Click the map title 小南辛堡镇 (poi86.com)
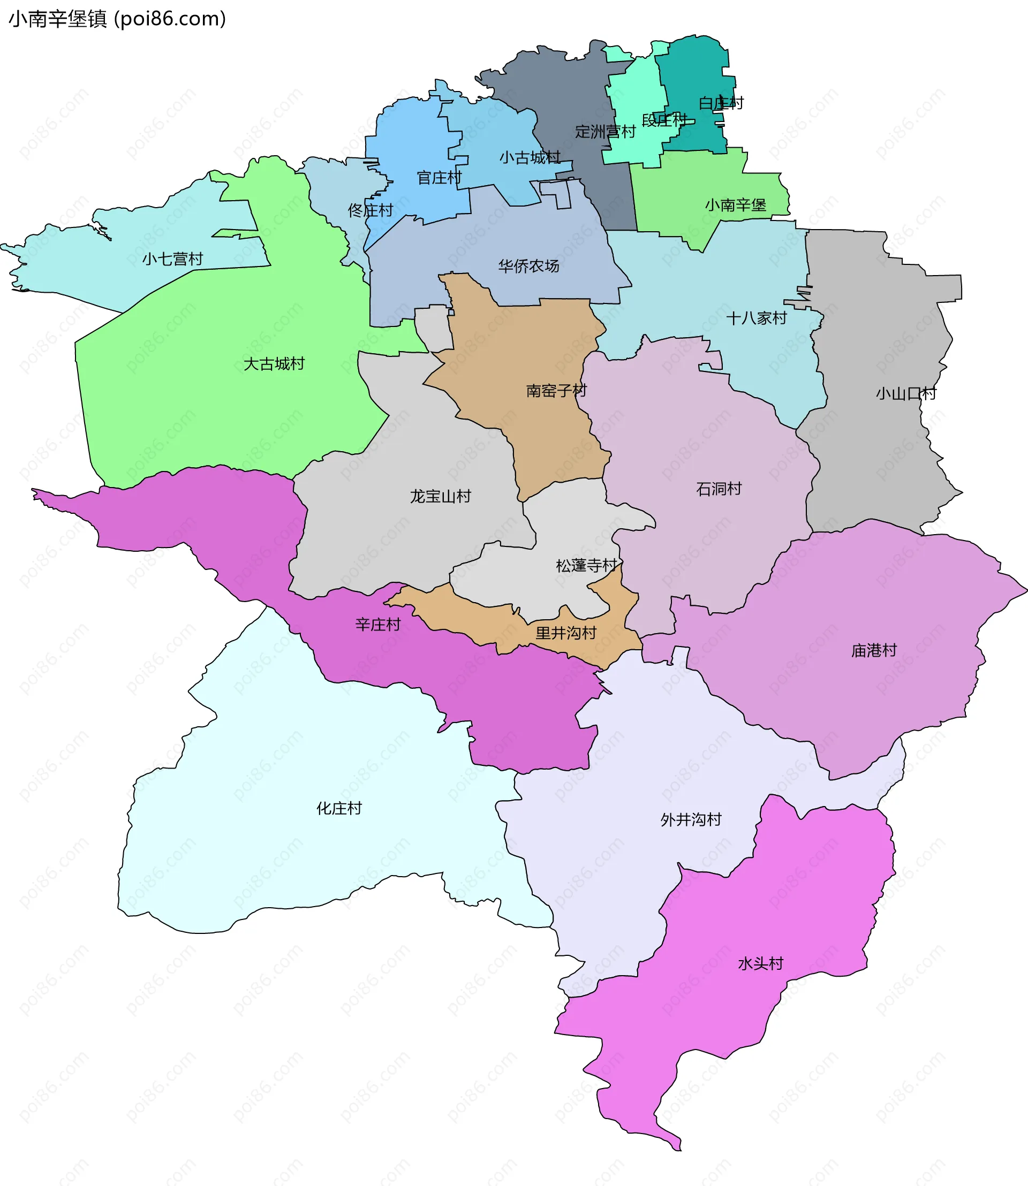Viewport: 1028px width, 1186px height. tap(118, 19)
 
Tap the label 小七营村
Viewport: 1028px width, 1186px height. tap(172, 259)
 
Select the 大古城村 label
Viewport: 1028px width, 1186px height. tap(274, 363)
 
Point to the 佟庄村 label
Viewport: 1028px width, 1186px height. tap(370, 210)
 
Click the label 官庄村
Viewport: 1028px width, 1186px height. tap(439, 178)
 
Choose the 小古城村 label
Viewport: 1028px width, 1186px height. tap(529, 157)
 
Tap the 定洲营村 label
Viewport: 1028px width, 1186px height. tap(604, 131)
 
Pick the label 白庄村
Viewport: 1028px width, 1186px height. tap(721, 103)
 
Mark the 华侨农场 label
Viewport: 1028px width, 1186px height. tap(528, 266)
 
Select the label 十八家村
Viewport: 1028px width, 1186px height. tap(756, 318)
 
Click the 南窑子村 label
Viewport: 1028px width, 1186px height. tap(556, 391)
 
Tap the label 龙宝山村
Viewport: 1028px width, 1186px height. tap(440, 496)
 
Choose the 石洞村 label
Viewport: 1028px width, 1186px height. tap(718, 489)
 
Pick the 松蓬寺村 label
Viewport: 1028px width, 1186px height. tap(586, 566)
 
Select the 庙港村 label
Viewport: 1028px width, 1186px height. tap(873, 650)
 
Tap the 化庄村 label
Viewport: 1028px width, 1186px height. tap(339, 808)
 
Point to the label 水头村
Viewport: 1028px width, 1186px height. tap(760, 963)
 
